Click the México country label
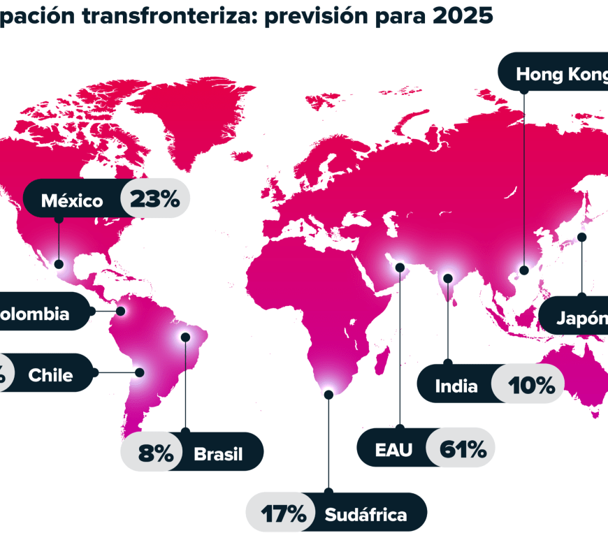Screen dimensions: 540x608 point(72,201)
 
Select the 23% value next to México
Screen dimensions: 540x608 point(154,200)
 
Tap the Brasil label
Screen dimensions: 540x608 point(218,455)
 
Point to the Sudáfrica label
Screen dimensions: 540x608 point(365,516)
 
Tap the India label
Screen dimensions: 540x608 point(456,386)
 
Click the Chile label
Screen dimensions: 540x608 point(50,375)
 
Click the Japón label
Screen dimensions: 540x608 point(581,319)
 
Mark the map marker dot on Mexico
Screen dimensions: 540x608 point(59,264)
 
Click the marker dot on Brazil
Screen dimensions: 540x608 point(185,336)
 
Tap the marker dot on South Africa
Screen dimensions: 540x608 point(328,394)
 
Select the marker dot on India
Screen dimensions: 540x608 point(448,277)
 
